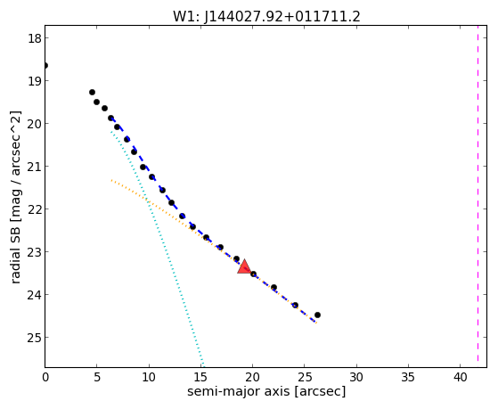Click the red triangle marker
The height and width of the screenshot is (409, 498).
pos(244,267)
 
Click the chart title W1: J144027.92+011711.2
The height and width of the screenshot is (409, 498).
pos(266,16)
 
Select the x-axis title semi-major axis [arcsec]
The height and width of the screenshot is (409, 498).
pos(266,391)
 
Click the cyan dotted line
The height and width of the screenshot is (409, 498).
pos(156,245)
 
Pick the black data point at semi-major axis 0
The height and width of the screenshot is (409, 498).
pos(45,65)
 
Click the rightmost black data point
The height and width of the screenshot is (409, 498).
pos(317,315)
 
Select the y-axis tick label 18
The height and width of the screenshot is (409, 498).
pos(34,38)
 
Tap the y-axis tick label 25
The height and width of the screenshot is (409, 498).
pos(34,338)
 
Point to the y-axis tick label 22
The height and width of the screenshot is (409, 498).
pos(34,209)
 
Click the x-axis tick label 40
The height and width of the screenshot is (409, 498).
pos(461,378)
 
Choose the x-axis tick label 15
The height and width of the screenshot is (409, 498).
pos(200,378)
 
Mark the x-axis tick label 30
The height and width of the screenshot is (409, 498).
pos(356,378)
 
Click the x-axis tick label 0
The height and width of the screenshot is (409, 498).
pos(45,378)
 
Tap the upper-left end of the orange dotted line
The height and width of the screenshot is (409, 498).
pos(111,180)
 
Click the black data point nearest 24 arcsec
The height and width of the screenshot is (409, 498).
pos(295,305)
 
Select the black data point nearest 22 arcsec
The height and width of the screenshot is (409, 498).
pos(273,287)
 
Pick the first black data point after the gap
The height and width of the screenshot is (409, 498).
pos(92,92)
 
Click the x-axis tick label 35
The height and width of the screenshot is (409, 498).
pos(408,378)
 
